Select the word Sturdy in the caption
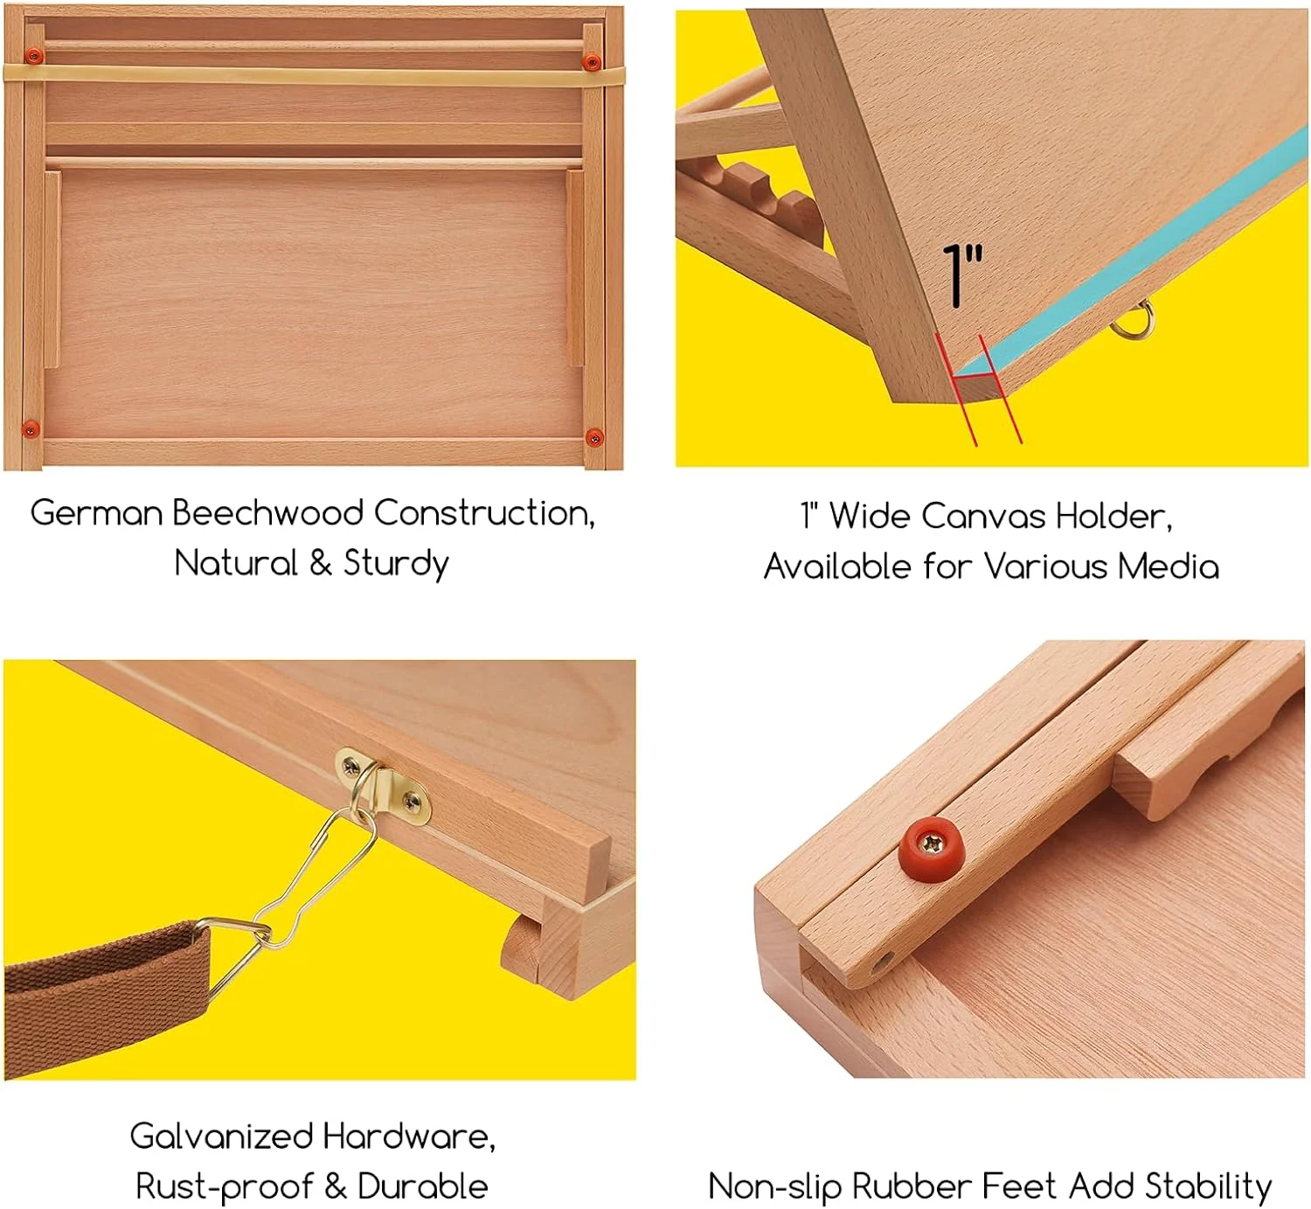point(396,564)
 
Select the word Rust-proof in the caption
point(224,1187)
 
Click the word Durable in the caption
point(423,1187)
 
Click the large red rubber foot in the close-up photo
point(932,845)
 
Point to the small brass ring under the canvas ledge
point(1134,322)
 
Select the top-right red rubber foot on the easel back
point(592,61)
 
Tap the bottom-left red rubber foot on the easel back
point(30,428)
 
